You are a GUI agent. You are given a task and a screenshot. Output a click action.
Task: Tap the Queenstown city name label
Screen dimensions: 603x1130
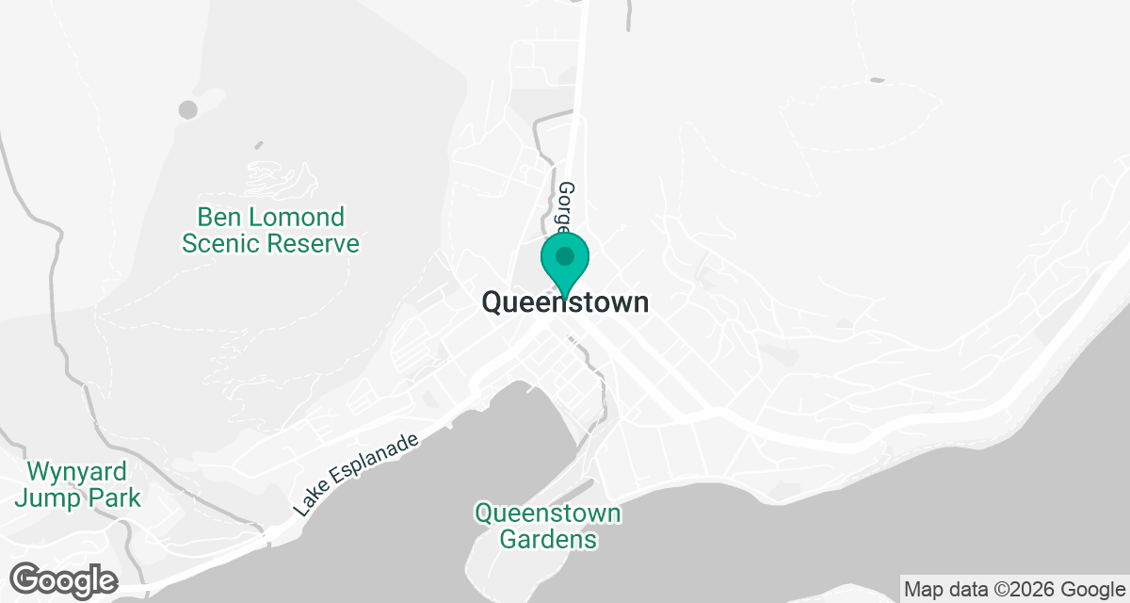(565, 302)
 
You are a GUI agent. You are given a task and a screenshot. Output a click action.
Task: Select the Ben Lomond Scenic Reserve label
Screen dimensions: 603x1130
(270, 231)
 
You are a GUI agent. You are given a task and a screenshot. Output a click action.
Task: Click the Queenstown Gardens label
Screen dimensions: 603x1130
(548, 527)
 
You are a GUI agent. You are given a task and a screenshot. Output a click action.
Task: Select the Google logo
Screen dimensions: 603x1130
(63, 579)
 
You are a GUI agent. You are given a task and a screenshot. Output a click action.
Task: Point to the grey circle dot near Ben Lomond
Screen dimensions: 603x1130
(188, 109)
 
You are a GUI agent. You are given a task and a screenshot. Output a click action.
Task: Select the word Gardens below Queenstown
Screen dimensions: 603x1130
(548, 540)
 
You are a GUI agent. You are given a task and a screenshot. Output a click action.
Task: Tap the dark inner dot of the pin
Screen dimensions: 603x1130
(565, 255)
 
